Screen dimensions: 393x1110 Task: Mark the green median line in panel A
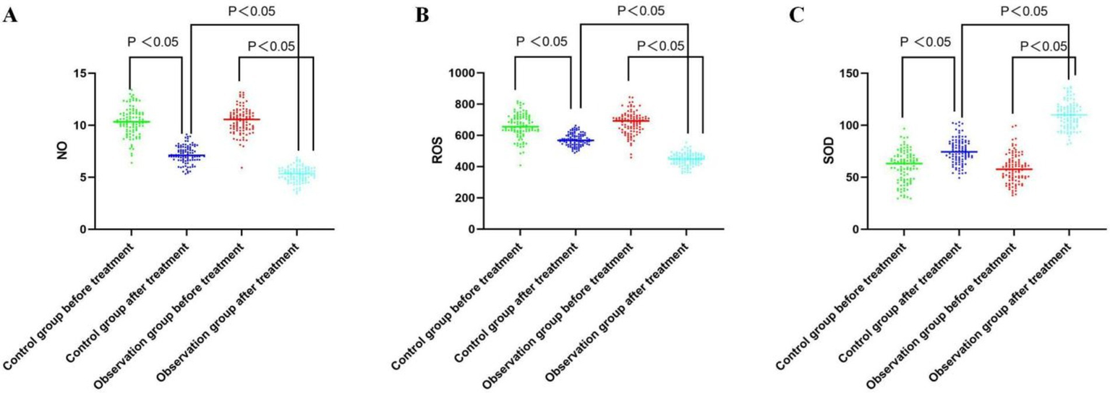click(x=131, y=122)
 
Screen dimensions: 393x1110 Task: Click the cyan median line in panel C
click(x=1068, y=114)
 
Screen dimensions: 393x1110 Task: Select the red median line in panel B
click(x=629, y=120)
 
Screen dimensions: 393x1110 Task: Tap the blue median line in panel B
click(x=575, y=140)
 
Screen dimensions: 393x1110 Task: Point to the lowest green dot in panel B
click(x=518, y=166)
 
